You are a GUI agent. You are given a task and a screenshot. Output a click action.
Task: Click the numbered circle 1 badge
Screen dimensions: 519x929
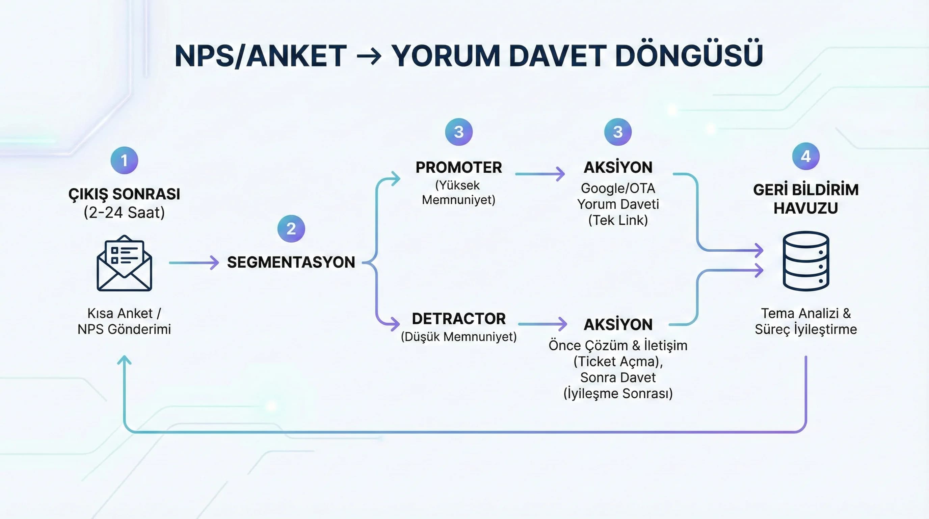coord(124,160)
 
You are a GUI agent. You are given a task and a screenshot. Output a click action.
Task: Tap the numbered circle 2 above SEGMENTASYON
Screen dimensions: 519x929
coord(291,228)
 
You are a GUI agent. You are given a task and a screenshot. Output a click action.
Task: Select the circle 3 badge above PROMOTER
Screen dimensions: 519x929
coord(459,132)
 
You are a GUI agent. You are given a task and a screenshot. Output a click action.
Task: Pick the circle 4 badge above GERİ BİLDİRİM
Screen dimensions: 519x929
coord(806,156)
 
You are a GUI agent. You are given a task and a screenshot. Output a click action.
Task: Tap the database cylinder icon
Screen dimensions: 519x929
coord(806,261)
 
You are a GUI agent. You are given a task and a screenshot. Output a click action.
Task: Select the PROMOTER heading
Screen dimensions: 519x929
coord(459,168)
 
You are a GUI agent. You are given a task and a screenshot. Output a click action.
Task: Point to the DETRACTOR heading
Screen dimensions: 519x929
coord(459,319)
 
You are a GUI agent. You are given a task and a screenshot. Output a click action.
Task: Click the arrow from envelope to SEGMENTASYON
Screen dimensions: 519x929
coord(194,263)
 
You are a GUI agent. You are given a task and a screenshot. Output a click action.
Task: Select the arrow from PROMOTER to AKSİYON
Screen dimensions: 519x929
coord(540,174)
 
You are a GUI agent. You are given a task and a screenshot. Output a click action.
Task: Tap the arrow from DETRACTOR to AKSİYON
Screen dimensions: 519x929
coord(542,324)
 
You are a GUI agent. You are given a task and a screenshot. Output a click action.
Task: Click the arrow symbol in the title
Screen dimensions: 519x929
coord(369,57)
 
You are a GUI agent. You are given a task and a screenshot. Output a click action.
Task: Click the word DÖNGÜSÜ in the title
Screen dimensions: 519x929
coord(689,56)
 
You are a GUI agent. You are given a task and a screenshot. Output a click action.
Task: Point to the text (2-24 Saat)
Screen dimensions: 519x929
coord(124,213)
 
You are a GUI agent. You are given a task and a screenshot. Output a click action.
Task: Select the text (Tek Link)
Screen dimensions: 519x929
coord(618,220)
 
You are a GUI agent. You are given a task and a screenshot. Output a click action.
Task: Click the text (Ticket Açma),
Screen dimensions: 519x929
coord(618,361)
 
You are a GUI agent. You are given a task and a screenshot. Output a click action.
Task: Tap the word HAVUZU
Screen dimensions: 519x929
coord(806,208)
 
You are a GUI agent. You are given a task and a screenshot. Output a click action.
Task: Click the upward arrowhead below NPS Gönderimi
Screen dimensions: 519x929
coord(124,360)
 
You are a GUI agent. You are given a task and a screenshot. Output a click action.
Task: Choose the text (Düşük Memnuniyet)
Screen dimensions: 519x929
coord(459,337)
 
